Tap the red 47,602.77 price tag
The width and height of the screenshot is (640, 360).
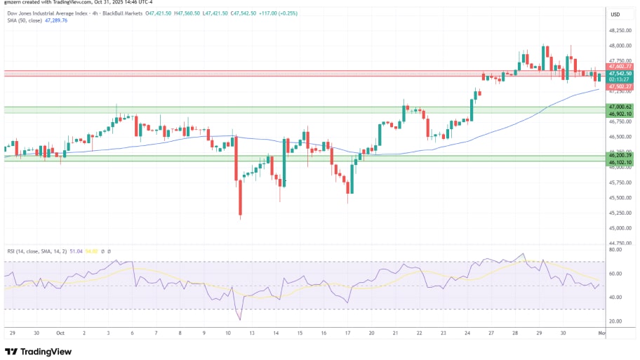(621, 66)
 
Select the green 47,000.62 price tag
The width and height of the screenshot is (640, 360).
(621, 107)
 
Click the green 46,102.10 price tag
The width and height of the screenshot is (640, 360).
(621, 162)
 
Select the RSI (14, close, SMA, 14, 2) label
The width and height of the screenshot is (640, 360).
(36, 251)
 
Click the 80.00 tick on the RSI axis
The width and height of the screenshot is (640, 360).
(616, 249)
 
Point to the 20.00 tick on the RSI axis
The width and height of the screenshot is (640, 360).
(616, 321)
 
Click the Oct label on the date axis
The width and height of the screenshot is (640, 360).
(60, 334)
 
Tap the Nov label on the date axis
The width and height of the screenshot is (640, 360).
(601, 334)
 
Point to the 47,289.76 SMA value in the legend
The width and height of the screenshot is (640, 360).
(55, 20)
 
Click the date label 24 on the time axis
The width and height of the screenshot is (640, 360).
(467, 334)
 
